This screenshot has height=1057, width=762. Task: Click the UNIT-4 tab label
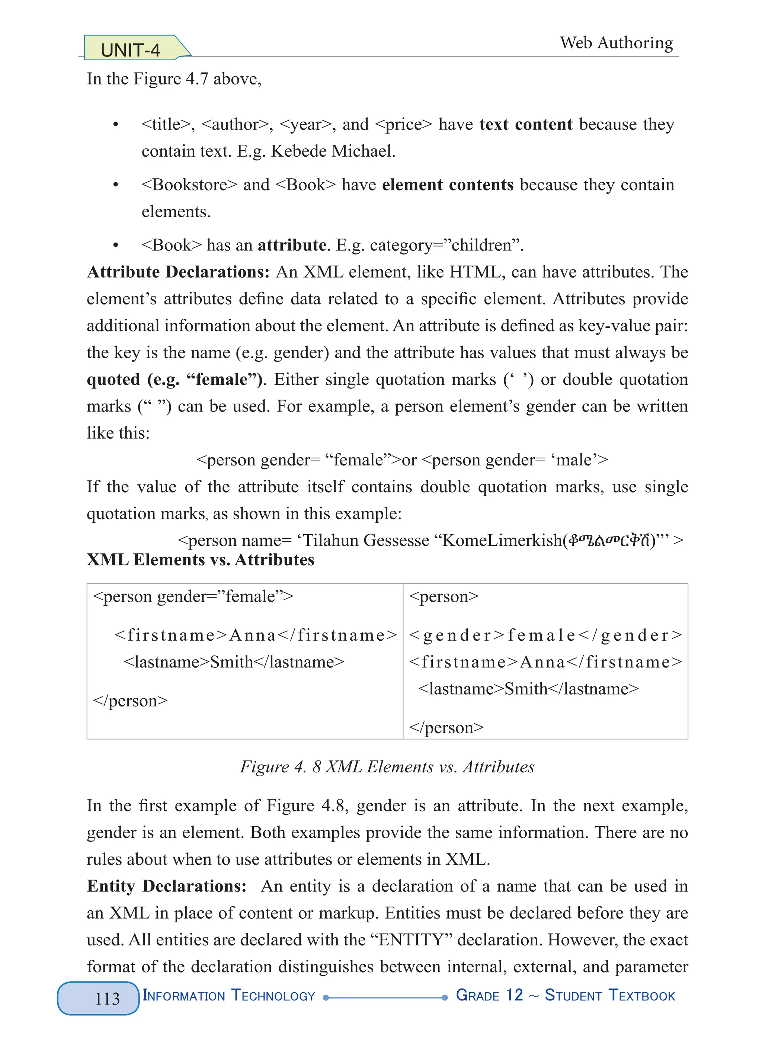(x=131, y=50)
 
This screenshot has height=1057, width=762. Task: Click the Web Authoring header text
(x=616, y=43)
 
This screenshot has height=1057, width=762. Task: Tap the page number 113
(x=107, y=998)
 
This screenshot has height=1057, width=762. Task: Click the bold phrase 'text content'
(x=526, y=124)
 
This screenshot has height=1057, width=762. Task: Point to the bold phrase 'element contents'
(x=447, y=185)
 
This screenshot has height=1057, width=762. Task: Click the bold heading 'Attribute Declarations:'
(x=178, y=272)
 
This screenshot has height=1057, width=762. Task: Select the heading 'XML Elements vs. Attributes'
(x=201, y=559)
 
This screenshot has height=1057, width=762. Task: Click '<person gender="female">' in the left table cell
(x=193, y=596)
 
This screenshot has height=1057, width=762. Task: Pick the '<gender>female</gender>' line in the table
(x=545, y=635)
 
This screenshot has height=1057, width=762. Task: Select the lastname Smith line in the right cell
(x=528, y=689)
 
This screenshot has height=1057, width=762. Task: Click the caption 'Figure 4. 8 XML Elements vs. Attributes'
(x=387, y=767)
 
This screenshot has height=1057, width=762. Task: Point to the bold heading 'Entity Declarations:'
(x=166, y=886)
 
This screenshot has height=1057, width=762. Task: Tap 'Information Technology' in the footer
(x=229, y=996)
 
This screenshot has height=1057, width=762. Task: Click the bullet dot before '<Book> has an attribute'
(x=116, y=245)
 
